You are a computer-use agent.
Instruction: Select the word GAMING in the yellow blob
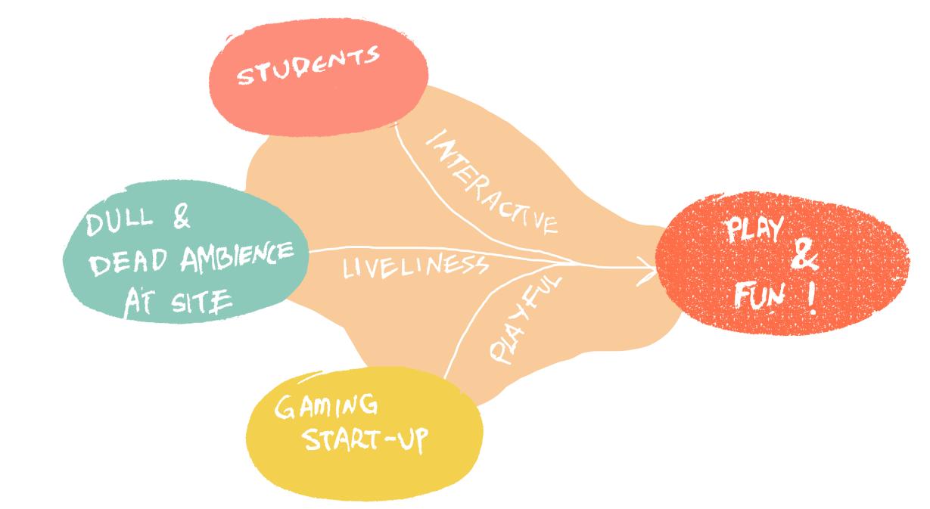326,411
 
